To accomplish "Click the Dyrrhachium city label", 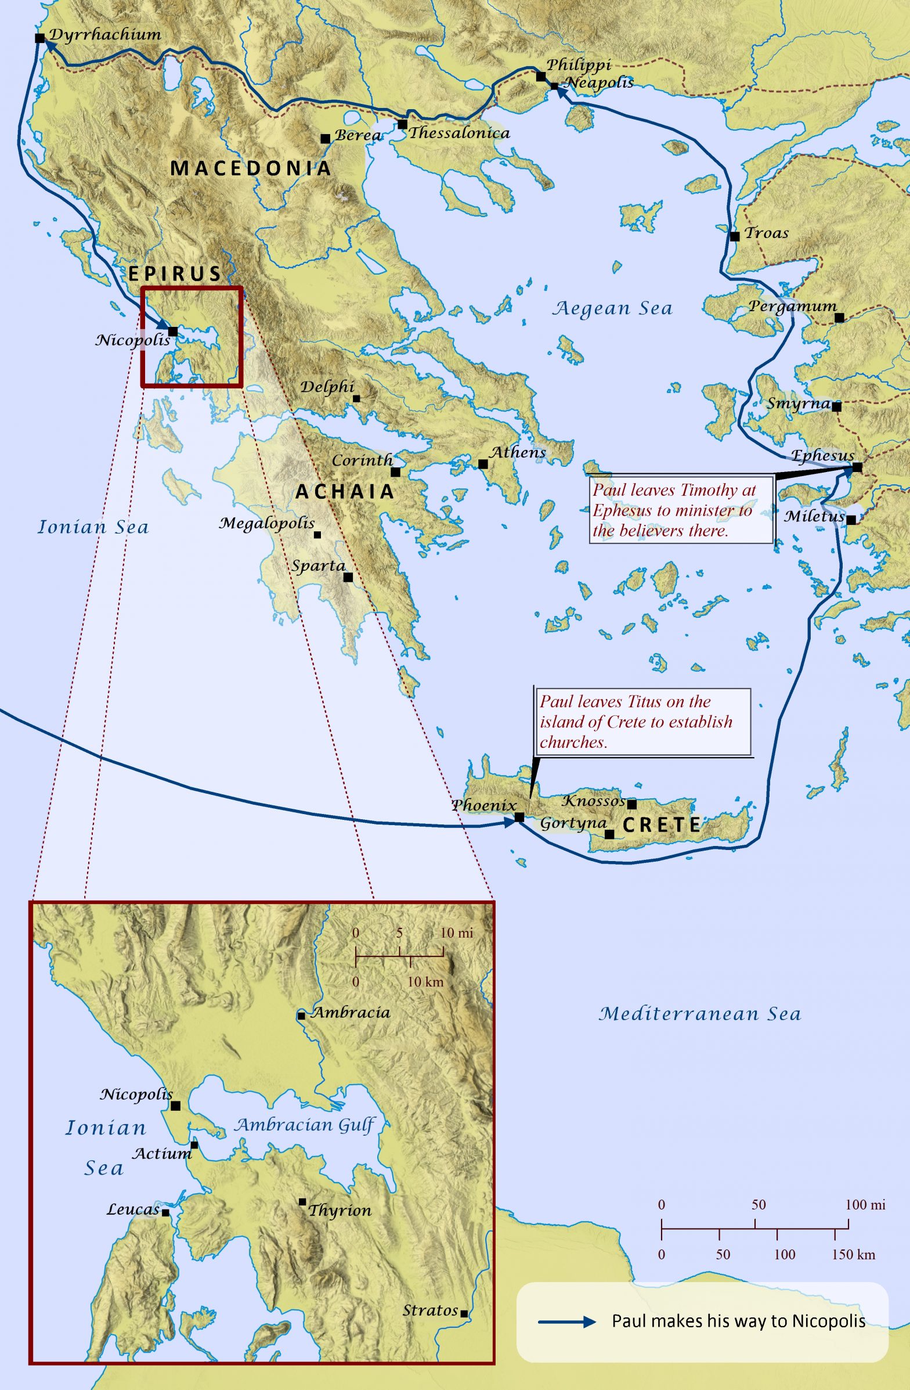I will pyautogui.click(x=105, y=34).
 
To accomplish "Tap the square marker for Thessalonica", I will pyautogui.click(x=402, y=124).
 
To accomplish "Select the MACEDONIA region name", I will pyautogui.click(x=250, y=169).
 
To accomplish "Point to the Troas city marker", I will pyautogui.click(x=735, y=236).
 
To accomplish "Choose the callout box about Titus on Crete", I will pyautogui.click(x=642, y=722).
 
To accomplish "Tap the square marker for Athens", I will pyautogui.click(x=483, y=464).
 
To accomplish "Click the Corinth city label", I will pyautogui.click(x=362, y=460).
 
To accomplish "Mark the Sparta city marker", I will pyautogui.click(x=348, y=577).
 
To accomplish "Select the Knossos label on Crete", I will pyautogui.click(x=593, y=801).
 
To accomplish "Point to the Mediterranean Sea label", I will pyautogui.click(x=699, y=1014).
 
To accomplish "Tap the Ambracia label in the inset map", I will pyautogui.click(x=350, y=1013).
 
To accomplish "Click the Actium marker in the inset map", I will pyautogui.click(x=194, y=1145).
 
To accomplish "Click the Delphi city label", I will pyautogui.click(x=327, y=387).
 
